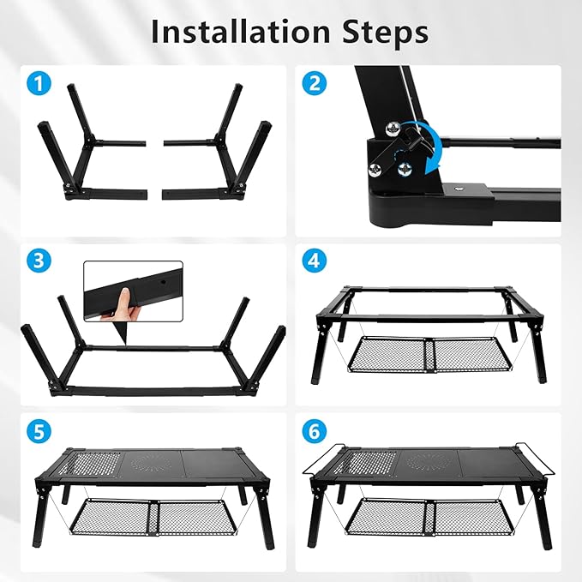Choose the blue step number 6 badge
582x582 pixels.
(x=314, y=430)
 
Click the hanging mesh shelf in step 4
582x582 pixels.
(x=433, y=354)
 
